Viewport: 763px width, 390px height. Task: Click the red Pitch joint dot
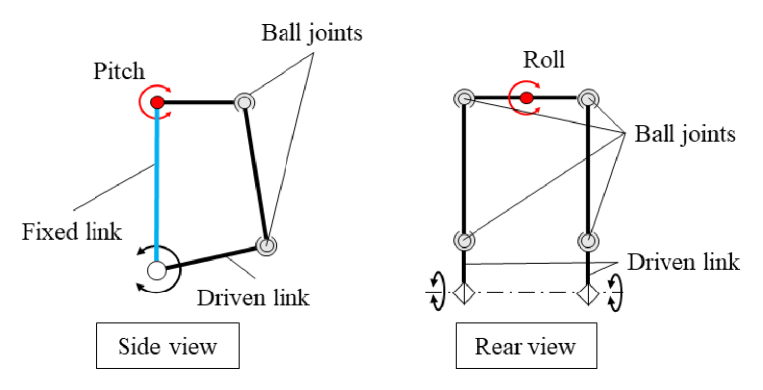coord(156,101)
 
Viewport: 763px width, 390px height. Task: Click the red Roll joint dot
coord(526,97)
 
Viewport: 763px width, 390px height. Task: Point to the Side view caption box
coord(168,347)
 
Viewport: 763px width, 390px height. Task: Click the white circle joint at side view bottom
coord(156,269)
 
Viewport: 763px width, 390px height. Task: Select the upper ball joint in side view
coord(246,101)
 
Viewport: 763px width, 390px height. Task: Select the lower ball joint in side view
coord(266,245)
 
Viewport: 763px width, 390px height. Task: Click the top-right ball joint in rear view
coord(588,98)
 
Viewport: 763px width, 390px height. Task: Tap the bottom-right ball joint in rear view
coord(588,241)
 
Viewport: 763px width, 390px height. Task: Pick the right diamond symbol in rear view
coord(588,294)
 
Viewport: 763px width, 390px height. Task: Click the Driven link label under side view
coord(254,297)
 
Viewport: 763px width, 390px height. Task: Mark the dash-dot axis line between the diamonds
coord(525,294)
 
